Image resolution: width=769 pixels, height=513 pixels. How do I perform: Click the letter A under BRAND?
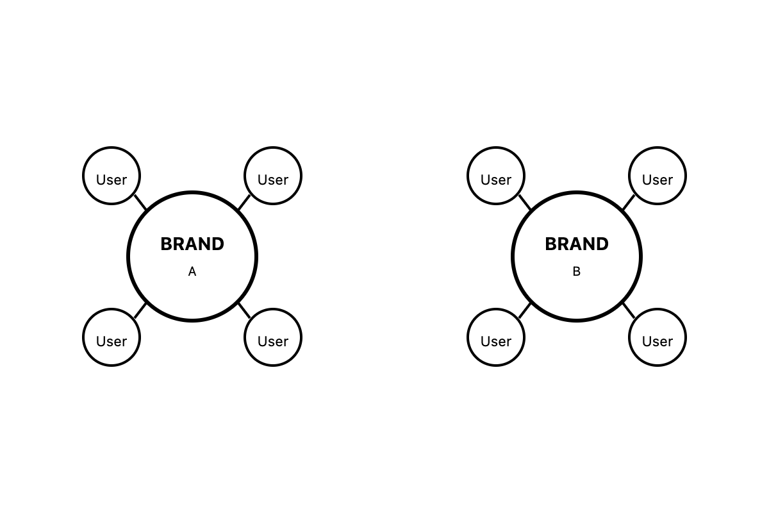[192, 272]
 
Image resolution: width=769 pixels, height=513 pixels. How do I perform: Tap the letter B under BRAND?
[577, 272]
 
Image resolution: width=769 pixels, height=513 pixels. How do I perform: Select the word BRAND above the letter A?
[192, 244]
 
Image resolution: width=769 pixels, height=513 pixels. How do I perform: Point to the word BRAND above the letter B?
[577, 244]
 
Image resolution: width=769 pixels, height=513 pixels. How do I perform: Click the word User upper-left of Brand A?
[112, 180]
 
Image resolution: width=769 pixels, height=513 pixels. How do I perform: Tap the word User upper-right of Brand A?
[273, 180]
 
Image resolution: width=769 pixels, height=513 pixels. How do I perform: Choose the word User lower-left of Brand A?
[112, 342]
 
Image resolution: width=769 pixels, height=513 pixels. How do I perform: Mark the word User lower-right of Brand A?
[273, 342]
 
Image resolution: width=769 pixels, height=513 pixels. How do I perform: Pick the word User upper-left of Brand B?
[496, 180]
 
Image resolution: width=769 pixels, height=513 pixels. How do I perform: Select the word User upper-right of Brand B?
[657, 180]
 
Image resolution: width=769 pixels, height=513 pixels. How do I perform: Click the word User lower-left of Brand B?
[496, 342]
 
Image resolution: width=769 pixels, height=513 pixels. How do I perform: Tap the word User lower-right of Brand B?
[657, 342]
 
